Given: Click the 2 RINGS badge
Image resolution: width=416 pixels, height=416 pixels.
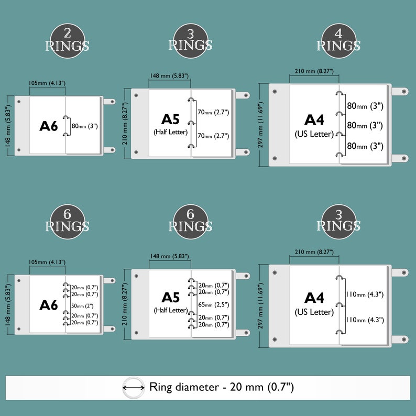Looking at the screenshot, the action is click(68, 41).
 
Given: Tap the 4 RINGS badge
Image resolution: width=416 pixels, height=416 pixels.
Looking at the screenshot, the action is click(338, 41).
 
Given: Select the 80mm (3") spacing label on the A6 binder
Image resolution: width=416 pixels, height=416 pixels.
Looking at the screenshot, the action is click(85, 126).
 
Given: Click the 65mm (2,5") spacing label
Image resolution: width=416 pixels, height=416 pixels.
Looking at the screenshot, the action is click(214, 304).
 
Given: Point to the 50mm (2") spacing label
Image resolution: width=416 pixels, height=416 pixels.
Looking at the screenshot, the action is click(82, 306).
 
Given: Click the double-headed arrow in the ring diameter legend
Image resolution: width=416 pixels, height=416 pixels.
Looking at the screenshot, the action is click(134, 388).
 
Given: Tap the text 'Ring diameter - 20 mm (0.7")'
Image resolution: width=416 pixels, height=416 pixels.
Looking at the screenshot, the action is click(222, 387).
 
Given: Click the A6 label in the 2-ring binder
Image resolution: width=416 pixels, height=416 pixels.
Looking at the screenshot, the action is click(49, 126).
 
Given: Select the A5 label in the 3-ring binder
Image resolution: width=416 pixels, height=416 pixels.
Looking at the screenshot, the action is click(170, 119).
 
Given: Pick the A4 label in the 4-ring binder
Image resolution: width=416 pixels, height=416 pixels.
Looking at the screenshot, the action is click(314, 119).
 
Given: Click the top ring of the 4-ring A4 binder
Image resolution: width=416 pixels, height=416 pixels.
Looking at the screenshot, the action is click(340, 93).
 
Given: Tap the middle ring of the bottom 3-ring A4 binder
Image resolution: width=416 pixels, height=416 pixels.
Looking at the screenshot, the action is click(340, 304).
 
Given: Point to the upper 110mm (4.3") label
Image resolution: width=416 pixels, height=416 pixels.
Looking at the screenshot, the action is click(365, 294).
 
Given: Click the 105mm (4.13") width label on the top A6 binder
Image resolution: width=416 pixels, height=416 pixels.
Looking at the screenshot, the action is click(47, 83).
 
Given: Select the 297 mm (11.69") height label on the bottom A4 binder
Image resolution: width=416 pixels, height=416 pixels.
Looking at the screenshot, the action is click(260, 306).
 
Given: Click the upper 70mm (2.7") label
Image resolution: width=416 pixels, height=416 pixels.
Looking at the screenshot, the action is click(213, 112).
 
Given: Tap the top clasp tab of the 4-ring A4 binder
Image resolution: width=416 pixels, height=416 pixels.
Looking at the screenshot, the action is click(400, 92).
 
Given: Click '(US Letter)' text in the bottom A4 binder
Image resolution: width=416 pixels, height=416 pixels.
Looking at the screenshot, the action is click(314, 312).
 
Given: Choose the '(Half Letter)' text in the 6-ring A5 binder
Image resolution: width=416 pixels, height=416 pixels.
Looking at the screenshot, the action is click(171, 310).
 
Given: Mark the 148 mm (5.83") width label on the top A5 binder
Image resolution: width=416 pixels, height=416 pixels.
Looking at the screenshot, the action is click(169, 76).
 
